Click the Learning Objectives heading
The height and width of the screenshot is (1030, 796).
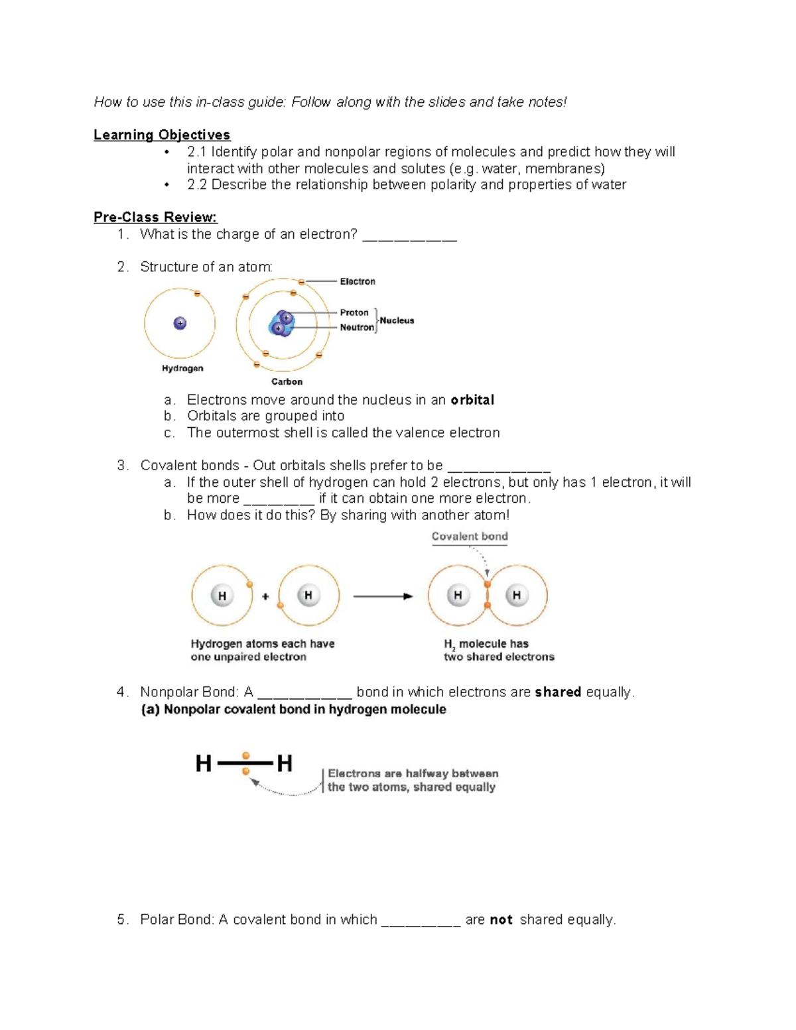[162, 135]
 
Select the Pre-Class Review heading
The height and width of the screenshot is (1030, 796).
[155, 218]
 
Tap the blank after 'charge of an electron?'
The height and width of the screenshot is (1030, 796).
[409, 236]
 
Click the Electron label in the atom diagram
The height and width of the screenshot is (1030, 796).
[358, 282]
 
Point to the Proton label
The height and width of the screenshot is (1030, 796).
[354, 312]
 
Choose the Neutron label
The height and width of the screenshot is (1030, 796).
[356, 328]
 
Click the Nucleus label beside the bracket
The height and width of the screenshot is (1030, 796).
[397, 320]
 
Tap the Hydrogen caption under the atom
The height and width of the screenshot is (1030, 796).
[182, 369]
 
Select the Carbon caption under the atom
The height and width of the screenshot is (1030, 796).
[287, 382]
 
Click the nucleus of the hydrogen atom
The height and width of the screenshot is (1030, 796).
[180, 324]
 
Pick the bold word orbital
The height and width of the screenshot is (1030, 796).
[472, 400]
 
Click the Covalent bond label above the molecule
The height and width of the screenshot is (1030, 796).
[470, 537]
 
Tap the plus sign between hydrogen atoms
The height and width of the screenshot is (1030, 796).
[265, 596]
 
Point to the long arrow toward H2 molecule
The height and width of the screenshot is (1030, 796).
[383, 596]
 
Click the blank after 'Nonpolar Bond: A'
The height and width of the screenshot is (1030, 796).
[304, 694]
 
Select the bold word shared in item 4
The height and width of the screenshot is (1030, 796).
[558, 692]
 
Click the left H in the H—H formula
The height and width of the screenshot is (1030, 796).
[204, 764]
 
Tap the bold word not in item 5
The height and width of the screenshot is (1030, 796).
[501, 920]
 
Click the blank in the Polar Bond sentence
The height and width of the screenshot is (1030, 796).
[421, 922]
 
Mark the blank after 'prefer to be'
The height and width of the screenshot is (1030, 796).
[499, 468]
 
